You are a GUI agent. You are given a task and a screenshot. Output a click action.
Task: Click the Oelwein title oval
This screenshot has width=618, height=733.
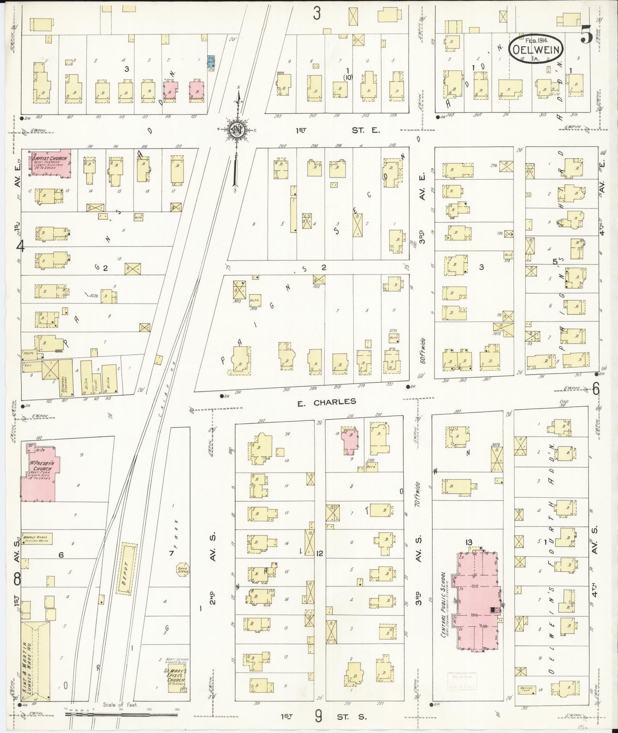point(536,49)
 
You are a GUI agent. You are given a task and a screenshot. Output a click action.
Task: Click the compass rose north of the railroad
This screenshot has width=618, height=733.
point(236,130)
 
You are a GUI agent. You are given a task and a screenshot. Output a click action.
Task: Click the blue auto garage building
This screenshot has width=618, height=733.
point(211,61)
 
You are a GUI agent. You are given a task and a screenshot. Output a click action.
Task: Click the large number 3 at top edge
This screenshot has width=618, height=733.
point(316,14)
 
